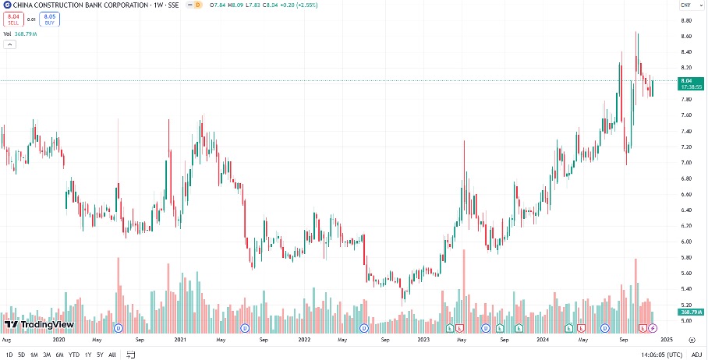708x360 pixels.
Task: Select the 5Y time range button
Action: pos(100,355)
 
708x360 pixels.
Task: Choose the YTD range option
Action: pos(74,355)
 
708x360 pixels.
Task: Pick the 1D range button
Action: pos(8,355)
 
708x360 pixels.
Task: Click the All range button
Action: pos(112,355)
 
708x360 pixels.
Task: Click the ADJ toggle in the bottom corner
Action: pos(696,355)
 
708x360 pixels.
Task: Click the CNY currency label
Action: pos(685,5)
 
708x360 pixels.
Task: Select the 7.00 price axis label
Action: pos(687,162)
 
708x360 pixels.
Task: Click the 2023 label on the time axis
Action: pos(423,341)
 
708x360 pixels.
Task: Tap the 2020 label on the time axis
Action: pos(58,341)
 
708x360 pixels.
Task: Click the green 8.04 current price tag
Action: pos(687,81)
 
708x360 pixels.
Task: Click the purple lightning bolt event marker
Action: pos(653,328)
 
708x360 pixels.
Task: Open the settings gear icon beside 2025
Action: pos(692,341)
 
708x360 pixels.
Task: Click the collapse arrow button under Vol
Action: pos(10,44)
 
